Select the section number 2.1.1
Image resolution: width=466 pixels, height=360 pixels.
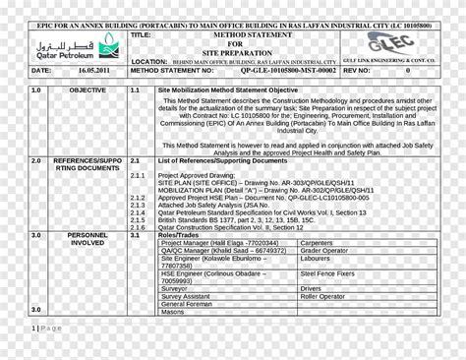point(137,176)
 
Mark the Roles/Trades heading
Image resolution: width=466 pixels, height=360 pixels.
point(178,235)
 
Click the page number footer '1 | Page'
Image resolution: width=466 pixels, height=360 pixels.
point(46,328)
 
